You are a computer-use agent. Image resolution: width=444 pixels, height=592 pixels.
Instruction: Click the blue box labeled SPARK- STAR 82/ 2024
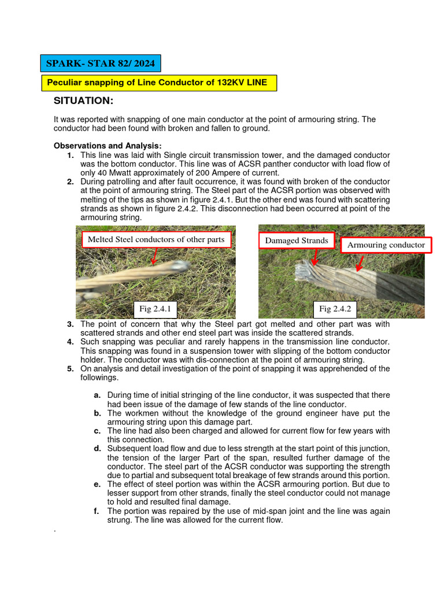[101, 62]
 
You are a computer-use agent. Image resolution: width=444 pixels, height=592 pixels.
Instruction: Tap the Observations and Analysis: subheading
[108, 146]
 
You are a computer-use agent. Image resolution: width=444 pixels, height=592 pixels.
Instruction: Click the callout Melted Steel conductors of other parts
[156, 239]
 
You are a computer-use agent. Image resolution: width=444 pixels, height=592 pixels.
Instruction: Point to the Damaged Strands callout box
[296, 240]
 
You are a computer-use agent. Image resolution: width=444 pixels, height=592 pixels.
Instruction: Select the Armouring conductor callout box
[386, 245]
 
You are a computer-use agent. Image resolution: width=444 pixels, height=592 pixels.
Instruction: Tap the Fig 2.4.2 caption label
[335, 309]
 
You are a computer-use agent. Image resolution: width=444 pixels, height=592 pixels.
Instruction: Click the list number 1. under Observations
[70, 156]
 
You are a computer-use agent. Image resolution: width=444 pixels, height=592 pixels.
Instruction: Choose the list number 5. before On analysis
[70, 369]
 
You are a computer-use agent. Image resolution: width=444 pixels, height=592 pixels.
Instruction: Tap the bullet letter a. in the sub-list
[97, 395]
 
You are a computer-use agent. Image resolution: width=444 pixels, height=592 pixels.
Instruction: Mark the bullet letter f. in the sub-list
[97, 511]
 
